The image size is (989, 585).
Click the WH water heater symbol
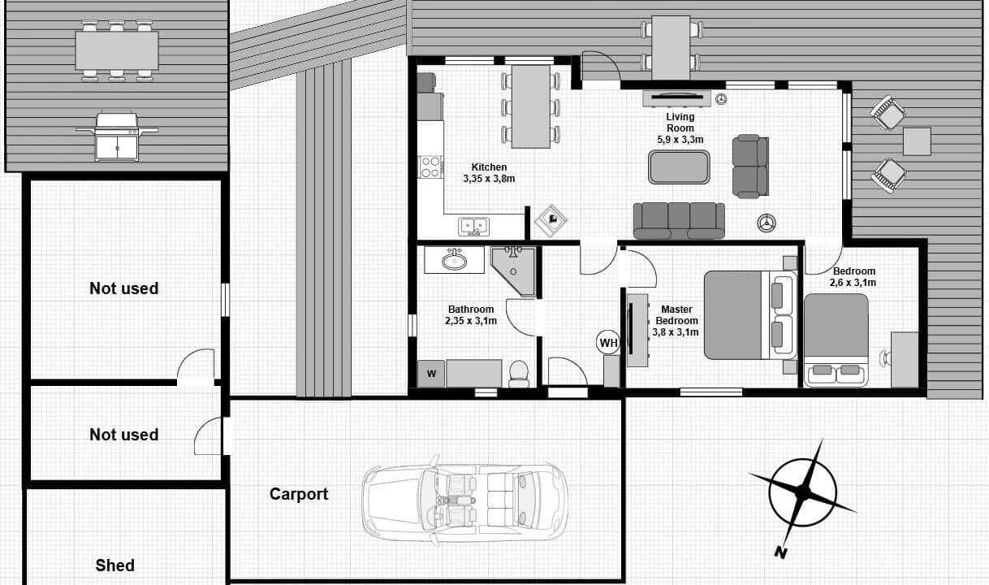point(608,342)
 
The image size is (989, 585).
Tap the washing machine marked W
point(431,374)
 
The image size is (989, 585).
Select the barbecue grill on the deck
point(117,136)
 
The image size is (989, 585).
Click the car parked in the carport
point(464,501)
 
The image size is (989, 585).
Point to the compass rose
point(803,492)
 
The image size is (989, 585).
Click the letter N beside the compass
point(780,552)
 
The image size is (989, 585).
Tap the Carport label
point(299,494)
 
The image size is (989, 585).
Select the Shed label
point(114,565)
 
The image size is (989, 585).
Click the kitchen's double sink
point(473,226)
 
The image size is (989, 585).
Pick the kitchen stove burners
point(430,167)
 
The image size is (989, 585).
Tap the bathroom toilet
point(519,374)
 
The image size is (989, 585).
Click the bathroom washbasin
point(454,260)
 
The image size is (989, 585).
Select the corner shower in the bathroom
point(513,271)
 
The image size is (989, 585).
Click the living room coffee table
point(679,167)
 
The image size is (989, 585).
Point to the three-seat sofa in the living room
point(679,221)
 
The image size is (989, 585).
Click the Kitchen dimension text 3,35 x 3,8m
point(489,179)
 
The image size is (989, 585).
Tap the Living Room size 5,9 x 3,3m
point(680,140)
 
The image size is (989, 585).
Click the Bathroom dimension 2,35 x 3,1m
point(471,321)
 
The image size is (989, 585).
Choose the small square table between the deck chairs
point(917,141)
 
